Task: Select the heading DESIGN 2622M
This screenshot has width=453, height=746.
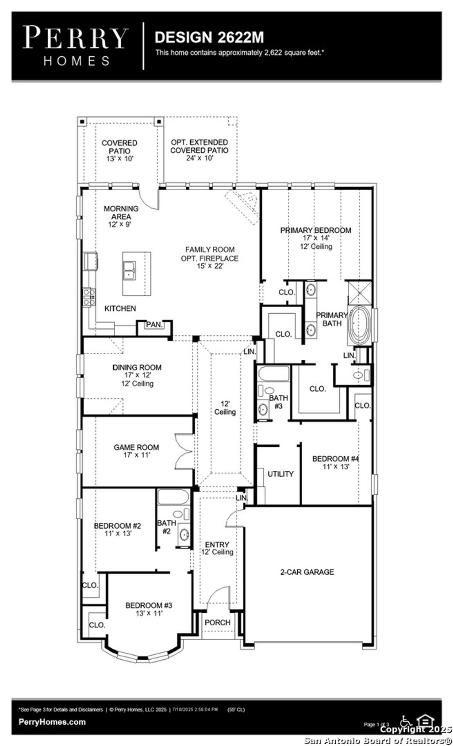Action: tap(209, 38)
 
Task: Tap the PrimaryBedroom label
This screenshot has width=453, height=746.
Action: tap(315, 230)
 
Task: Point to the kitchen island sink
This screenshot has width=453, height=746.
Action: tap(130, 270)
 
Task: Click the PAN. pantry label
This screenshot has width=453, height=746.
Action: tap(154, 325)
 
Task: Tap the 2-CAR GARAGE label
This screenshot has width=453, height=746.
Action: tap(307, 572)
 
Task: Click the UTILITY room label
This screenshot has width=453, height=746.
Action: tap(280, 474)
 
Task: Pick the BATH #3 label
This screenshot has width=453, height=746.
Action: tap(278, 402)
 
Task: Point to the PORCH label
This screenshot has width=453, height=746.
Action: tap(217, 623)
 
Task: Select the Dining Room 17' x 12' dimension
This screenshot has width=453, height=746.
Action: tap(137, 375)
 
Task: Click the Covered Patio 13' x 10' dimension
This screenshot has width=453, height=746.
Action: tap(119, 158)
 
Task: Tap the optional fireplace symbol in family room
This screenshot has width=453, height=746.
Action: tap(244, 205)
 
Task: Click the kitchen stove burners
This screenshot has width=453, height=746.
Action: tap(88, 296)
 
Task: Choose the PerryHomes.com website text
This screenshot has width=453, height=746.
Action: tap(52, 722)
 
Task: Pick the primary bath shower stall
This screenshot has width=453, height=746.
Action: tap(358, 292)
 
